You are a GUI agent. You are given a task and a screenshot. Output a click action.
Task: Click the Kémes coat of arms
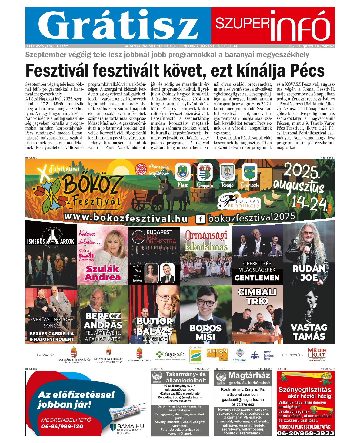[x=183, y=172]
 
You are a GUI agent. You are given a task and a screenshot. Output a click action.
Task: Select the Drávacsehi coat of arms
[x=249, y=172]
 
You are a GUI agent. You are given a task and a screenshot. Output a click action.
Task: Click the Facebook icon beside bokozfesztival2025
[x=200, y=219]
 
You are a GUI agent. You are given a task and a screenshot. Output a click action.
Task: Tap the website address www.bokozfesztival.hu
[x=126, y=217]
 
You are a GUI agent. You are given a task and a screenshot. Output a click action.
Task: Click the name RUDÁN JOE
[x=309, y=273]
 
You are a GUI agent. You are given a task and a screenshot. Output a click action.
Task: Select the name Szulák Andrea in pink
[x=103, y=273]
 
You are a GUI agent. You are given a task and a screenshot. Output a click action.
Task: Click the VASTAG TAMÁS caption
[x=309, y=332]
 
